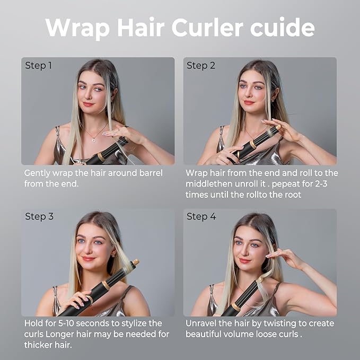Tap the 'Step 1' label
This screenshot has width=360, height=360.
[39, 66]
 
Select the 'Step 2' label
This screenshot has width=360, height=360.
[201, 66]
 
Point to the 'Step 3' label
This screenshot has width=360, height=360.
[39, 216]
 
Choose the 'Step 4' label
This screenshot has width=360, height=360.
[201, 216]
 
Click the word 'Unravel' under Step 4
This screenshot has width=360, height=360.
[201, 323]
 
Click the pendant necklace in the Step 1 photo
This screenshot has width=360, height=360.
[94, 138]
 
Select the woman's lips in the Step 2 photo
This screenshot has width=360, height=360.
[249, 102]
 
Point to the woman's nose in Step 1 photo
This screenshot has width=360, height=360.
[89, 95]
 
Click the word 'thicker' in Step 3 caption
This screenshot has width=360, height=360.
[40, 345]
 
